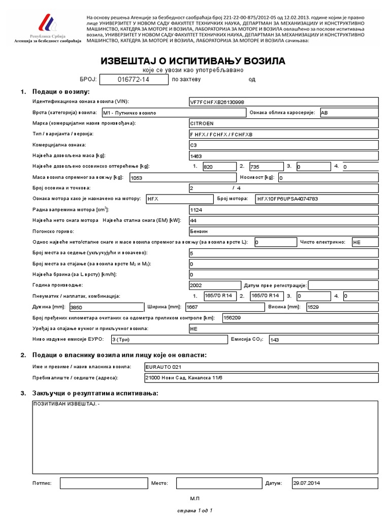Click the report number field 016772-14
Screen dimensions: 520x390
point(133,79)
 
